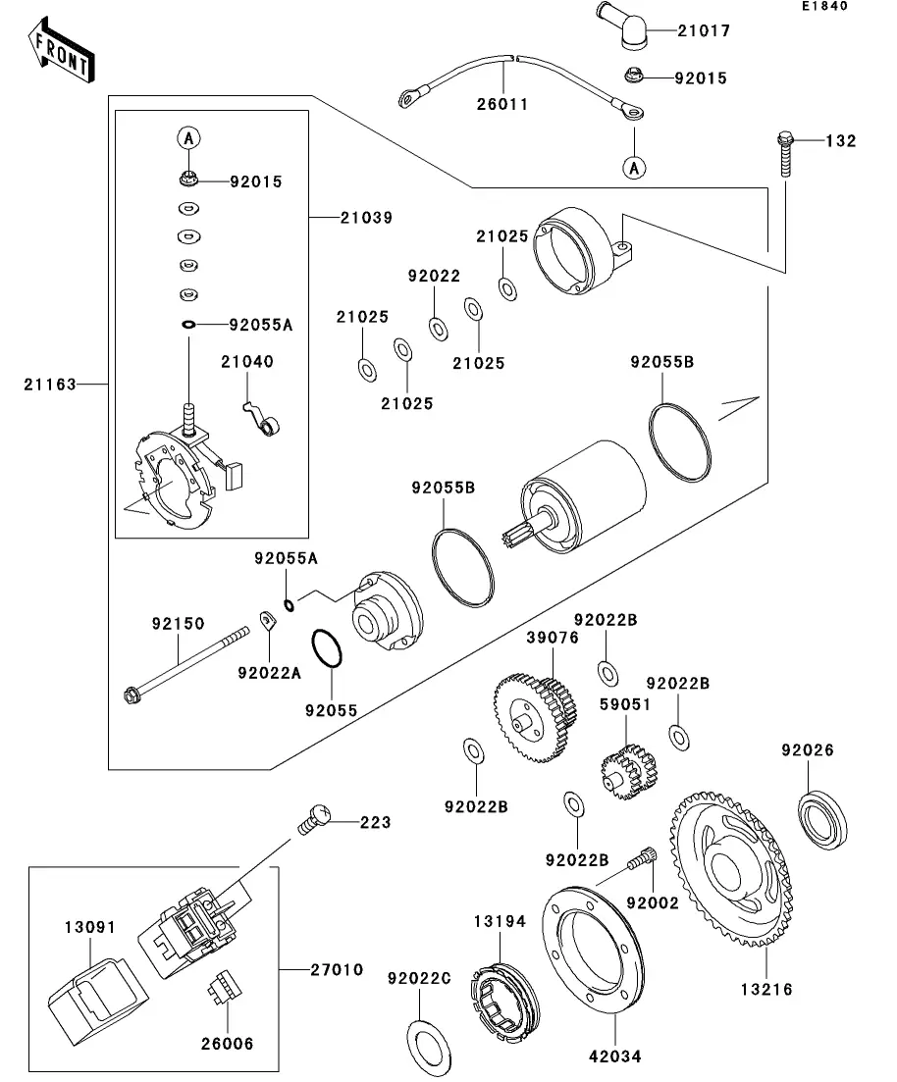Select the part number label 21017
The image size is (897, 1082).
coord(703,30)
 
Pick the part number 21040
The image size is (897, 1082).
coord(246,362)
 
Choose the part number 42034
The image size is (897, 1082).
coord(614,1057)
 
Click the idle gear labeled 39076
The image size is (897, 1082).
coord(531,717)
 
